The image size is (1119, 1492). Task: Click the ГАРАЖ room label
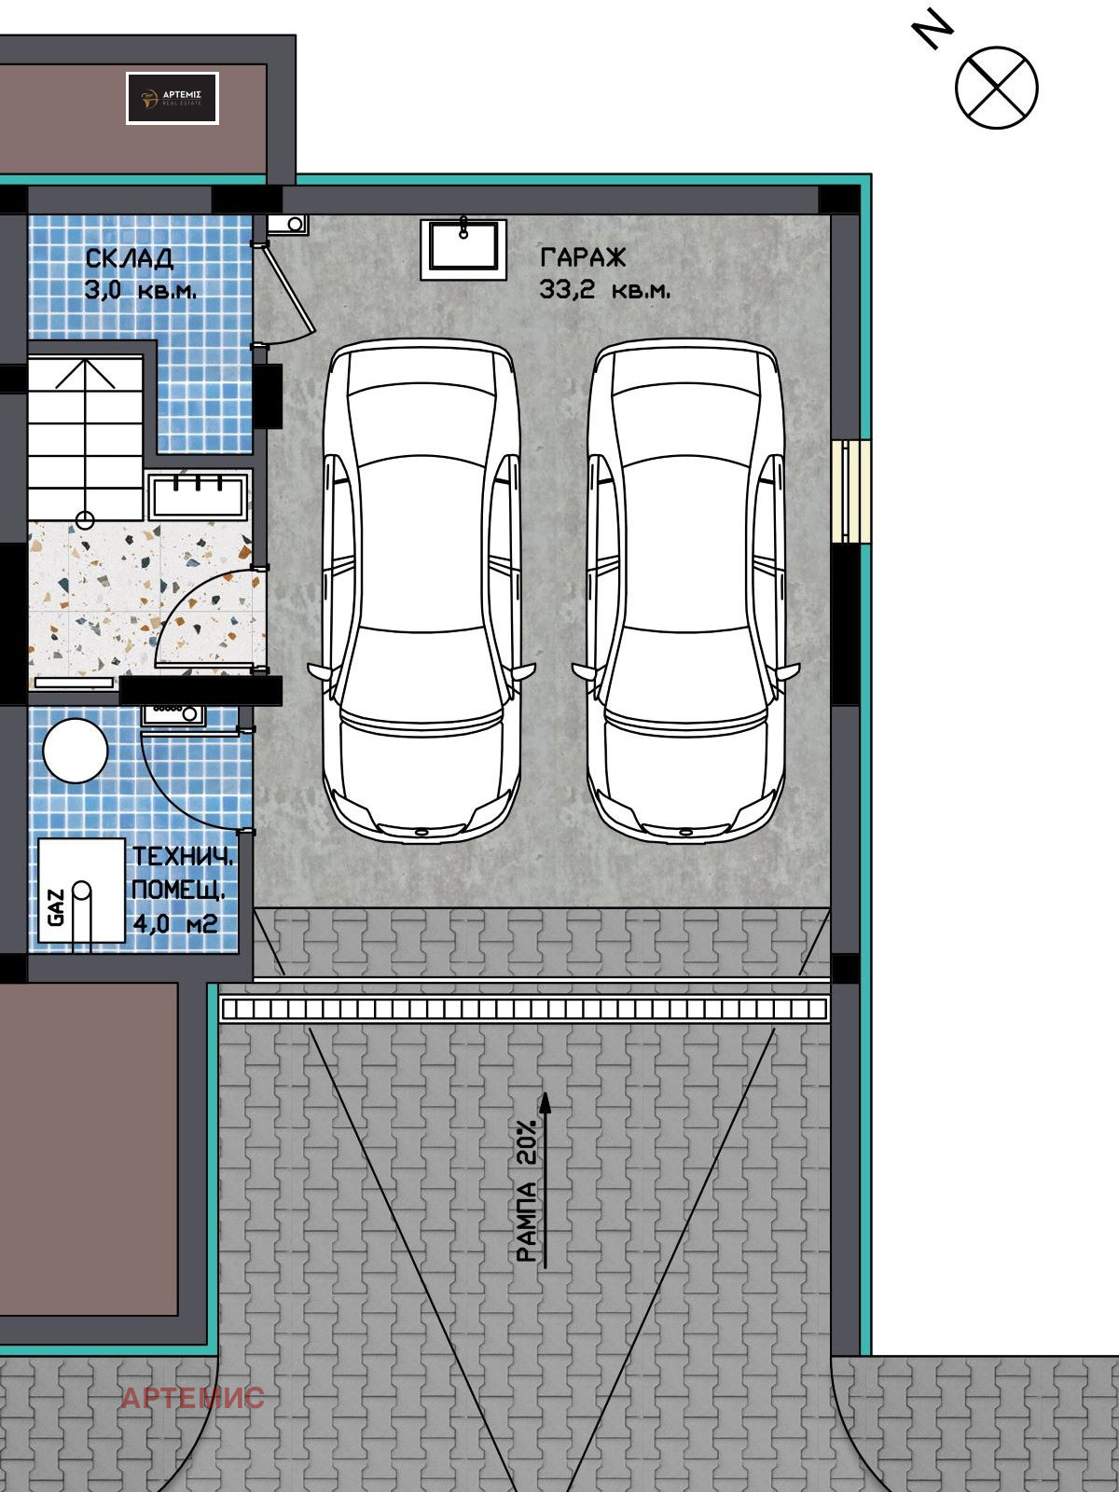tap(583, 257)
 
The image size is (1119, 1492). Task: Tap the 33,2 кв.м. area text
tap(604, 291)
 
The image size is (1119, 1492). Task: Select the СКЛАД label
tap(129, 258)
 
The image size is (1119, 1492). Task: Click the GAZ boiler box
tap(80, 893)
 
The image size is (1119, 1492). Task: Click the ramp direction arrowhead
tap(546, 1103)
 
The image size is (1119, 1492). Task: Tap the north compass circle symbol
tap(996, 88)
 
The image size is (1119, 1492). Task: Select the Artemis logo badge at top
tap(173, 98)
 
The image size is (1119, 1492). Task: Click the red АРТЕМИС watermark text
tap(193, 1398)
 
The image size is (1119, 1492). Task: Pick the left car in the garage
tap(421, 587)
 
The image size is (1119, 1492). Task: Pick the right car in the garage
tap(686, 587)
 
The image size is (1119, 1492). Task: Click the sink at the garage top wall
tap(463, 248)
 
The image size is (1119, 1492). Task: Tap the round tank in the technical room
tap(76, 751)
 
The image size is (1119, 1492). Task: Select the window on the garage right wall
tap(850, 490)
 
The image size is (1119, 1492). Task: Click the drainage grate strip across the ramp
tap(524, 1009)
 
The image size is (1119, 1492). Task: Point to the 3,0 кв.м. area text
tap(140, 290)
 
